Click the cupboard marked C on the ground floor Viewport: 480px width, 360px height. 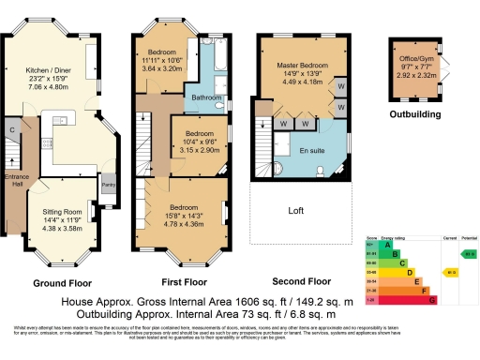tap(12, 130)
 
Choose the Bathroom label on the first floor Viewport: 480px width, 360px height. tap(206, 97)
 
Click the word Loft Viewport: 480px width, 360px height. tap(296, 211)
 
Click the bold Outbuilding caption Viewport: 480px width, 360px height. tap(413, 114)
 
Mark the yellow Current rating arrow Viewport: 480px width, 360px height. tap(449, 272)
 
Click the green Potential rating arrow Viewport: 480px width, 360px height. tap(468, 253)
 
